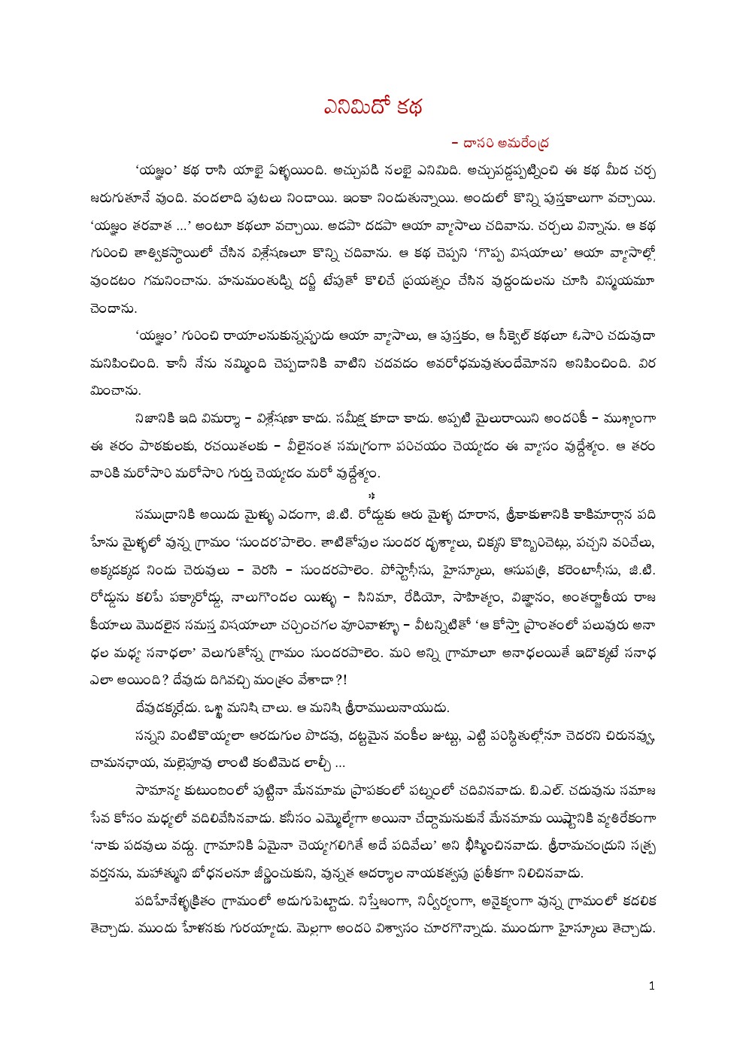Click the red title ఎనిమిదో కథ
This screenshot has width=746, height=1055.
coord(373,107)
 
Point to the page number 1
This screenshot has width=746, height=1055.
coord(651,985)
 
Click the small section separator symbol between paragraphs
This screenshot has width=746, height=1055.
coord(372,495)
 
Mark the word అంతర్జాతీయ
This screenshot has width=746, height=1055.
coord(587,598)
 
